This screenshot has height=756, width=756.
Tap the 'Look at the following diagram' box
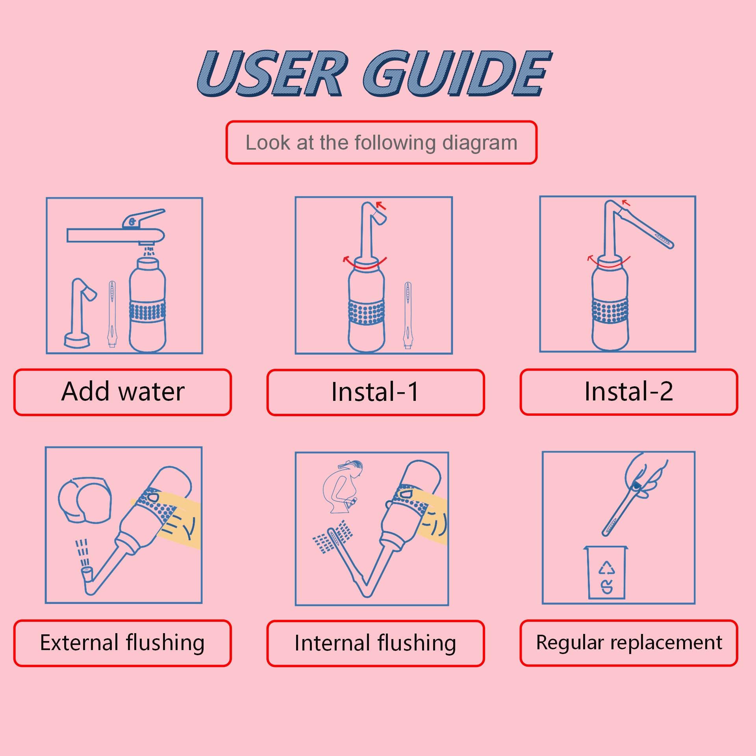coord(381,143)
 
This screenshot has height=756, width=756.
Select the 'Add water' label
coord(122,392)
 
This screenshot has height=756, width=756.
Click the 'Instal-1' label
coord(375,392)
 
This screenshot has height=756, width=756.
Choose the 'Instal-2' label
coord(628,392)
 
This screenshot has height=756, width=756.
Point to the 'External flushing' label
coord(122,643)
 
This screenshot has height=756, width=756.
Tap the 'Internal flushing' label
coord(375,643)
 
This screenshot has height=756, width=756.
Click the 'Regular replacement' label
coord(628,643)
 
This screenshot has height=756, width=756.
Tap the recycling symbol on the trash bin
coord(607,568)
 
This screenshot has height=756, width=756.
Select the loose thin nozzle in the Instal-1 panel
coord(408,315)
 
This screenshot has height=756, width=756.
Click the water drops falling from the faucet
coord(149,251)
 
